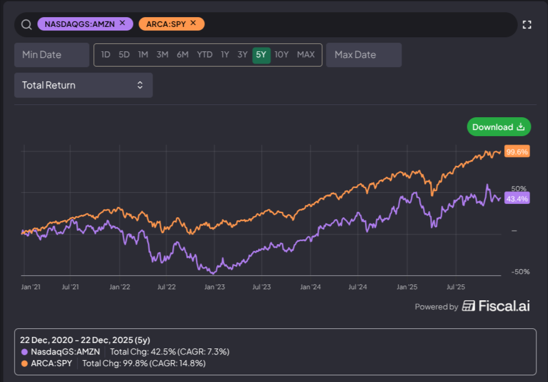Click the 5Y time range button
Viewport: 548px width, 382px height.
[x=261, y=55]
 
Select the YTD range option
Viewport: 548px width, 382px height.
[x=204, y=55]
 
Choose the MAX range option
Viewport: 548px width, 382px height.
[x=306, y=55]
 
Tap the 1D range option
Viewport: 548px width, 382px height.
[x=106, y=55]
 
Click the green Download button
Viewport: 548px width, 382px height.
[x=499, y=127]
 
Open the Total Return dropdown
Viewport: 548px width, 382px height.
[x=83, y=85]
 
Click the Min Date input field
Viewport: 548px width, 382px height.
[x=52, y=55]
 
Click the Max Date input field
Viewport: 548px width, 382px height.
[x=364, y=55]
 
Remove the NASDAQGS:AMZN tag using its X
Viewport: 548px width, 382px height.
[x=122, y=23]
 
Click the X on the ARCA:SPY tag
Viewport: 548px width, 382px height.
[x=193, y=23]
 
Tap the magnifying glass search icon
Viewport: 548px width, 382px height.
[x=26, y=24]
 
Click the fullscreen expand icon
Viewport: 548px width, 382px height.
[x=527, y=24]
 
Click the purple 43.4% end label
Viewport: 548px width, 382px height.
[x=517, y=198]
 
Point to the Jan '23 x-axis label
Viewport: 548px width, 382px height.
[x=215, y=286]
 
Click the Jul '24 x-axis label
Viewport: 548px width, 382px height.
[x=358, y=286]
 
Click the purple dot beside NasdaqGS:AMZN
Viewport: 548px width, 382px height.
[x=24, y=352]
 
